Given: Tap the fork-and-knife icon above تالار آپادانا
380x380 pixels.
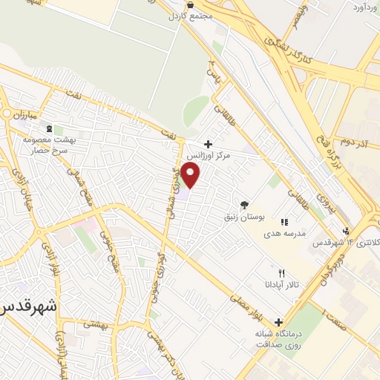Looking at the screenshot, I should point(281,272).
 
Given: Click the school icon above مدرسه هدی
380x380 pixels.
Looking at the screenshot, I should point(284,221).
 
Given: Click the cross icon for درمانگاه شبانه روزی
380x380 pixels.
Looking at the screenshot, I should point(278,322).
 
